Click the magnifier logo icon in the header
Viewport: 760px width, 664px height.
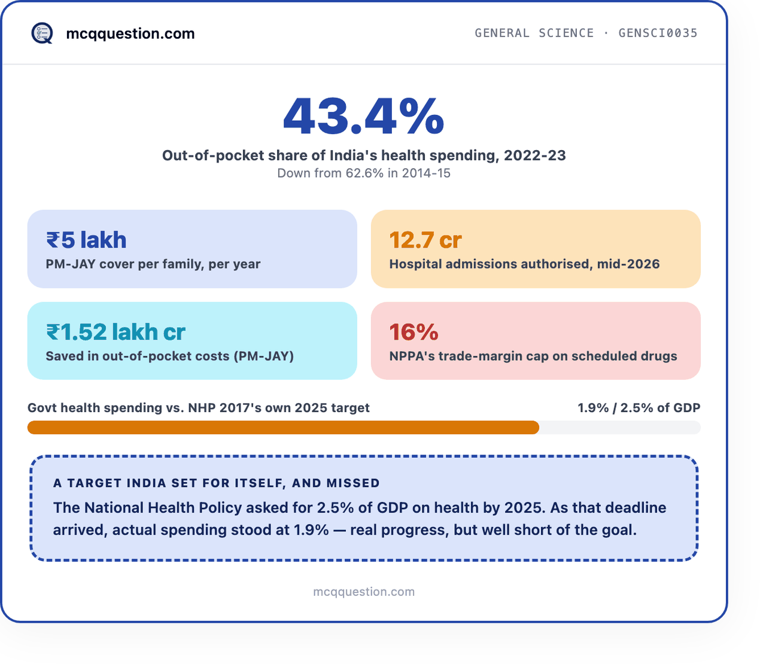coord(42,33)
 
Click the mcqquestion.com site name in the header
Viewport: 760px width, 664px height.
coord(130,33)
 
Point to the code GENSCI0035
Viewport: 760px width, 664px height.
coord(658,33)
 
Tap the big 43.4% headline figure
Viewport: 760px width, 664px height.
coord(363,116)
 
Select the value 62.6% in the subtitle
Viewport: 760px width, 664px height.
coord(364,173)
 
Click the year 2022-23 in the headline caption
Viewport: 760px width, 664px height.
coord(534,155)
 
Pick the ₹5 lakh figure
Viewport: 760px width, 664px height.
coord(86,240)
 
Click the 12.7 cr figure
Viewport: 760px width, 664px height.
coord(425,240)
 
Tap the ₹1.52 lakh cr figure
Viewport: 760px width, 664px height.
coord(115,332)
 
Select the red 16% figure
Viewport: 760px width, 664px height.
coord(414,332)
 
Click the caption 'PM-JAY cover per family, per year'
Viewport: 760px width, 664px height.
coord(153,264)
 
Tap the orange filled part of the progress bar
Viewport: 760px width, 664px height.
coord(283,428)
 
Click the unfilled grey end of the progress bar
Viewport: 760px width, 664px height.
coord(620,428)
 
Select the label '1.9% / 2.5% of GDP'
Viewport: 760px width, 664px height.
coord(639,408)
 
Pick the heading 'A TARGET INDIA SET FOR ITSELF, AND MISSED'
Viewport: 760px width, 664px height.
coord(216,483)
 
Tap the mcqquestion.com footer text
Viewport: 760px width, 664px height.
coord(364,592)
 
